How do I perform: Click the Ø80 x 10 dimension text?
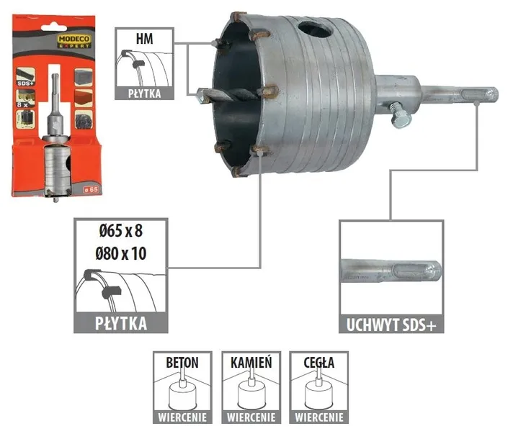[x=120, y=253]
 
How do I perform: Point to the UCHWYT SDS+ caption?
[x=391, y=324]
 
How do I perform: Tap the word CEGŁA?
[x=318, y=363]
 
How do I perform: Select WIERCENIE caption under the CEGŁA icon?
[x=318, y=416]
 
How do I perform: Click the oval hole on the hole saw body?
[x=314, y=32]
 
